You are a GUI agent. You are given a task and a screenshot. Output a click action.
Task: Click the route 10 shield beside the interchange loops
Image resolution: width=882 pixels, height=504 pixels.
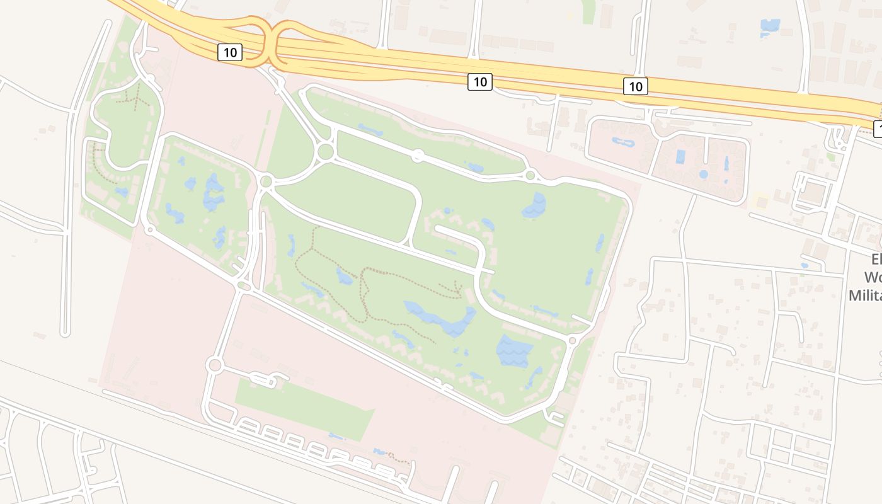[x=230, y=52]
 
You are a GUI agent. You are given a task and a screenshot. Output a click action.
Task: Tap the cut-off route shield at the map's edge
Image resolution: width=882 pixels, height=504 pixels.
[x=878, y=129]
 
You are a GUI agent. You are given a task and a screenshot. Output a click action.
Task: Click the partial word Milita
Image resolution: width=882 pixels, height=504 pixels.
[x=864, y=295]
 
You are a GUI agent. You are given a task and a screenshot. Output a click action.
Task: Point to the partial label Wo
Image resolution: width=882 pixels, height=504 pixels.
[x=872, y=277]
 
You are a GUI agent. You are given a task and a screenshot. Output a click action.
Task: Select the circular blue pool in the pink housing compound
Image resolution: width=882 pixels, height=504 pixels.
[x=703, y=174]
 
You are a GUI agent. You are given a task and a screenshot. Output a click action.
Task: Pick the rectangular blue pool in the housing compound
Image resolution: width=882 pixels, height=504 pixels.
[x=680, y=156]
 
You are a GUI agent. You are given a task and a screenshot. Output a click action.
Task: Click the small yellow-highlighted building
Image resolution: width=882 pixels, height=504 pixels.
[x=762, y=202]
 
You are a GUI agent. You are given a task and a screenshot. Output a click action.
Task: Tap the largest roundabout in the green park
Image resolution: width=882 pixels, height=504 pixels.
[x=326, y=151]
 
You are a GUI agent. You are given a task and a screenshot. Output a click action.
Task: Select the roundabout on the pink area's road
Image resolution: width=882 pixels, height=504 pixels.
[x=214, y=365]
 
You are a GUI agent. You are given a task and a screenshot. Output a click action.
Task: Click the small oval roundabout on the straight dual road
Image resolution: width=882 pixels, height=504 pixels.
[x=417, y=155]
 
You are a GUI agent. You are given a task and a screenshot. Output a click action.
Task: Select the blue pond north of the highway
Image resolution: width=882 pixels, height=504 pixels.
[x=770, y=25]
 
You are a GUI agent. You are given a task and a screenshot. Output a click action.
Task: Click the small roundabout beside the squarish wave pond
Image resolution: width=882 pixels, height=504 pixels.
[x=572, y=341]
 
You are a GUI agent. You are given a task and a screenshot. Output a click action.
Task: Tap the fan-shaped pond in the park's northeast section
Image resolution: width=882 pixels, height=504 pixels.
[x=535, y=205]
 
